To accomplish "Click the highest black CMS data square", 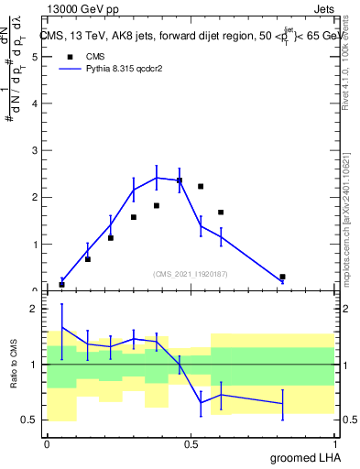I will click(180, 180).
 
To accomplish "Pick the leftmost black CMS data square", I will click(62, 284).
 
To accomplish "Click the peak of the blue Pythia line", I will click(157, 178).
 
